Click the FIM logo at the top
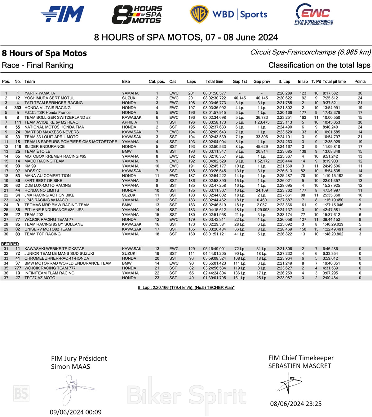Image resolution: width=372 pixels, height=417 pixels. pos(63,14)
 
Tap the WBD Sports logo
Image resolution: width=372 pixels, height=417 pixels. pos(228,14)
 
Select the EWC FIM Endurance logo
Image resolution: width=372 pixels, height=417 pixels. pos(314,14)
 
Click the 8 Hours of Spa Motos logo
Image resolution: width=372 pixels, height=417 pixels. pos(137,15)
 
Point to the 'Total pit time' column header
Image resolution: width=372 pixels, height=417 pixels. pos(334,81)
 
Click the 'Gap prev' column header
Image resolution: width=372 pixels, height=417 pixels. pos(262,81)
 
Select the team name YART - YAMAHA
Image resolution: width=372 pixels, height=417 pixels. pos(40,93)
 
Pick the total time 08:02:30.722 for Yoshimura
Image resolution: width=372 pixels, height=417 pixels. pos(215,98)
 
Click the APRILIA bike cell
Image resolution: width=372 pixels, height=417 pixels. pos(129,122)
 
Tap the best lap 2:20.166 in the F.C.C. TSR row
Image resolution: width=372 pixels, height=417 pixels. pos(284,113)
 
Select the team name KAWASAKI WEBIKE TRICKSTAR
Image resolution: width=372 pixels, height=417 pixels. pos(55,249)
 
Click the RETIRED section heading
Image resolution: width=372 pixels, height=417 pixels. pos(10,244)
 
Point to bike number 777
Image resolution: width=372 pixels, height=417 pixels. pos(18,268)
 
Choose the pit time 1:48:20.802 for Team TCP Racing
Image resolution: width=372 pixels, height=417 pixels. pos(333,234)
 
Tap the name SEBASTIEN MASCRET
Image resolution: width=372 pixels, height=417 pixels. pos(299,366)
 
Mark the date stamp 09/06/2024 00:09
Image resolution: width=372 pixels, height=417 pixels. pos(76,412)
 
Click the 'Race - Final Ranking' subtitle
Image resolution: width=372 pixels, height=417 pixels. pos(38,65)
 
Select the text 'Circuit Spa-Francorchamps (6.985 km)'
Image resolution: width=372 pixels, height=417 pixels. pos(310,52)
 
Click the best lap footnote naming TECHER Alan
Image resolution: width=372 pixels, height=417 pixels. pos(186,288)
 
